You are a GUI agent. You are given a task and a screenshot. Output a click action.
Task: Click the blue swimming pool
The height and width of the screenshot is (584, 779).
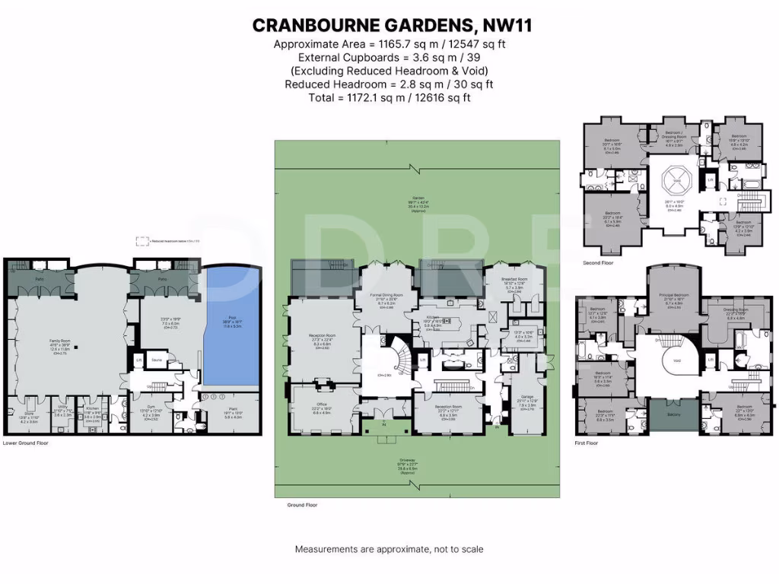click(x=233, y=327)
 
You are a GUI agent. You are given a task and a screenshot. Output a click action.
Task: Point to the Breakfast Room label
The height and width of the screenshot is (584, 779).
click(x=514, y=283)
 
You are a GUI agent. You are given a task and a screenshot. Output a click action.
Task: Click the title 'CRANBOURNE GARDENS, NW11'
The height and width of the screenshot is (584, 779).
click(x=392, y=25)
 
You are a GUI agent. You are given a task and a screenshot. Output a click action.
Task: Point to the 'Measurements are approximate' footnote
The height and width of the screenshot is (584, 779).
click(x=389, y=549)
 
